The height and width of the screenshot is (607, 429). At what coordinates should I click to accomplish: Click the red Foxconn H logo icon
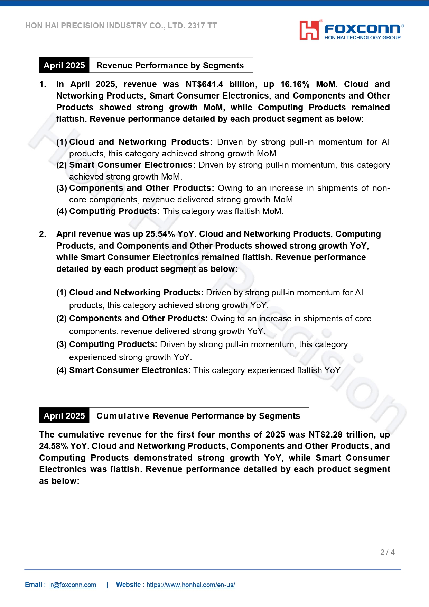click(309, 30)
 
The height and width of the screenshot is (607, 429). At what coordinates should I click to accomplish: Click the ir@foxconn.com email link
click(73, 585)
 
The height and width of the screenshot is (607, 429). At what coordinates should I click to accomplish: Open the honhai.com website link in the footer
click(190, 585)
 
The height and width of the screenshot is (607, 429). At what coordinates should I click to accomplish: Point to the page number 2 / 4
click(387, 552)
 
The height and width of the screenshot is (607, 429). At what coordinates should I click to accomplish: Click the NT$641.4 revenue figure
click(204, 84)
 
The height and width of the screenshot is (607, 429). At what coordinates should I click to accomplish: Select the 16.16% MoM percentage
click(295, 84)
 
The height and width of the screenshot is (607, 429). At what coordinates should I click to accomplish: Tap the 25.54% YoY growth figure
click(160, 234)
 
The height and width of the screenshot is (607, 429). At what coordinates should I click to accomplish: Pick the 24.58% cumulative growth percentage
click(53, 446)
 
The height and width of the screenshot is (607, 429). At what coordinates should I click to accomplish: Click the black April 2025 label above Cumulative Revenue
click(64, 416)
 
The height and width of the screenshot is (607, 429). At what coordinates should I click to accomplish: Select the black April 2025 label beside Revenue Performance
click(64, 65)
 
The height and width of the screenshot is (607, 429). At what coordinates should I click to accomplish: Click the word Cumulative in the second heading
click(123, 416)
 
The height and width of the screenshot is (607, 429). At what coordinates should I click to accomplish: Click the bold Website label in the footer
click(128, 585)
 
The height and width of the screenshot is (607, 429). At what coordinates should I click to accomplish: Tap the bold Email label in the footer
click(34, 585)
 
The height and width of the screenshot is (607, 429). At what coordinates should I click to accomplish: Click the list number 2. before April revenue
click(43, 234)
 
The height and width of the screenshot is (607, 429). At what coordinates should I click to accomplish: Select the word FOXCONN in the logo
click(362, 28)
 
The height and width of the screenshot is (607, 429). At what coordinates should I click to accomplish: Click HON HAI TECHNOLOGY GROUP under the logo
click(362, 37)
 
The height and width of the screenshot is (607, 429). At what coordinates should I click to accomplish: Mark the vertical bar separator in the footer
click(108, 585)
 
